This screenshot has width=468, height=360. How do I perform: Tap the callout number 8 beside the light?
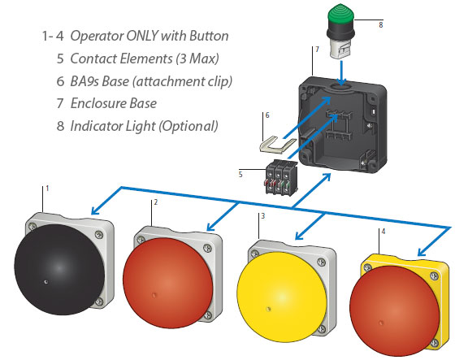[x=380, y=25]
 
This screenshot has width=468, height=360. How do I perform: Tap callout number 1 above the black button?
[x=47, y=189]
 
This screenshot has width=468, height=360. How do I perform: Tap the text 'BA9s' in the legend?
[x=88, y=81]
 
